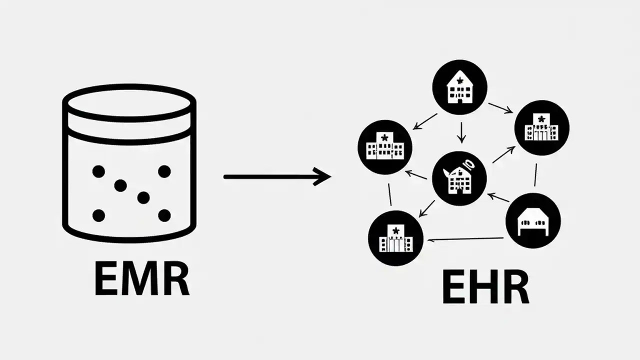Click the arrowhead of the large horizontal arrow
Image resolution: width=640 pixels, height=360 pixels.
click(x=322, y=176)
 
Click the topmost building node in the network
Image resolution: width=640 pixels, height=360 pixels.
click(x=459, y=87)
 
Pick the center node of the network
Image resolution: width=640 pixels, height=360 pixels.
click(x=458, y=178)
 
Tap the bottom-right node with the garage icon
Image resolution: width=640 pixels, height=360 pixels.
click(x=533, y=221)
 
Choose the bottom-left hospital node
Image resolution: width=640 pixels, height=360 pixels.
click(x=395, y=238)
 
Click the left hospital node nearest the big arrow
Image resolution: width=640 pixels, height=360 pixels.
click(x=384, y=147)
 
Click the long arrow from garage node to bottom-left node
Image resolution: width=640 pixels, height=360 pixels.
click(x=466, y=239)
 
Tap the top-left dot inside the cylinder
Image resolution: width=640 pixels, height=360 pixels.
click(x=98, y=171)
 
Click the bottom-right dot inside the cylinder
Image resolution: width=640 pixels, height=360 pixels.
click(x=164, y=215)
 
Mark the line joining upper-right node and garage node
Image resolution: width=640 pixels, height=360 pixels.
click(x=535, y=174)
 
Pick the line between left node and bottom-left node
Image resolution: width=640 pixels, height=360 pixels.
click(x=390, y=194)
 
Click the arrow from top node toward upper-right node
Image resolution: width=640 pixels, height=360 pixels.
click(x=500, y=108)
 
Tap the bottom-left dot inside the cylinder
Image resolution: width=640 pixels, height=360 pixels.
click(x=98, y=215)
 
